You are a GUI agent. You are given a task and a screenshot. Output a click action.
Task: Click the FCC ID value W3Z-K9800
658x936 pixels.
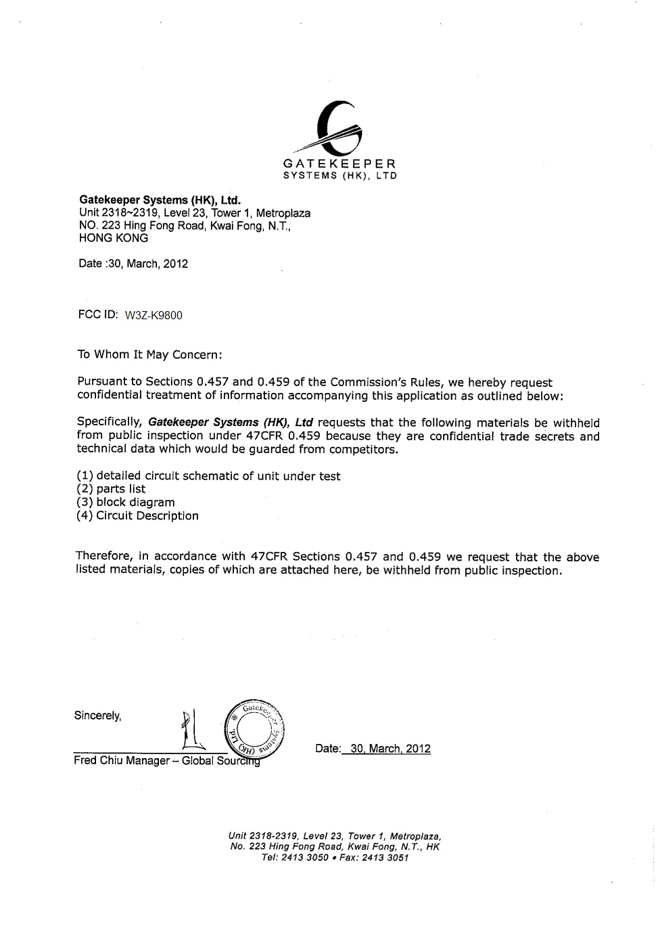[x=154, y=316]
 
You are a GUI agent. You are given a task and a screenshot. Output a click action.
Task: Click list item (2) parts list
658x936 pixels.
[x=112, y=489]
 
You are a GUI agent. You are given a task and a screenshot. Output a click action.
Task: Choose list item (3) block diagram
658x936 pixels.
[x=126, y=502]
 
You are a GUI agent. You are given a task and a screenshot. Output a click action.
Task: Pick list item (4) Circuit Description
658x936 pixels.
[x=138, y=516]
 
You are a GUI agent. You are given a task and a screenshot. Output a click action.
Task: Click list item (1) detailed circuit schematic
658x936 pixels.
[x=209, y=476]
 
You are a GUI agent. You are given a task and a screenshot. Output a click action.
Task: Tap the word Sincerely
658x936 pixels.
[x=98, y=716]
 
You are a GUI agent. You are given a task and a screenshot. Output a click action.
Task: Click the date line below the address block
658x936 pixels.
[x=133, y=264]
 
